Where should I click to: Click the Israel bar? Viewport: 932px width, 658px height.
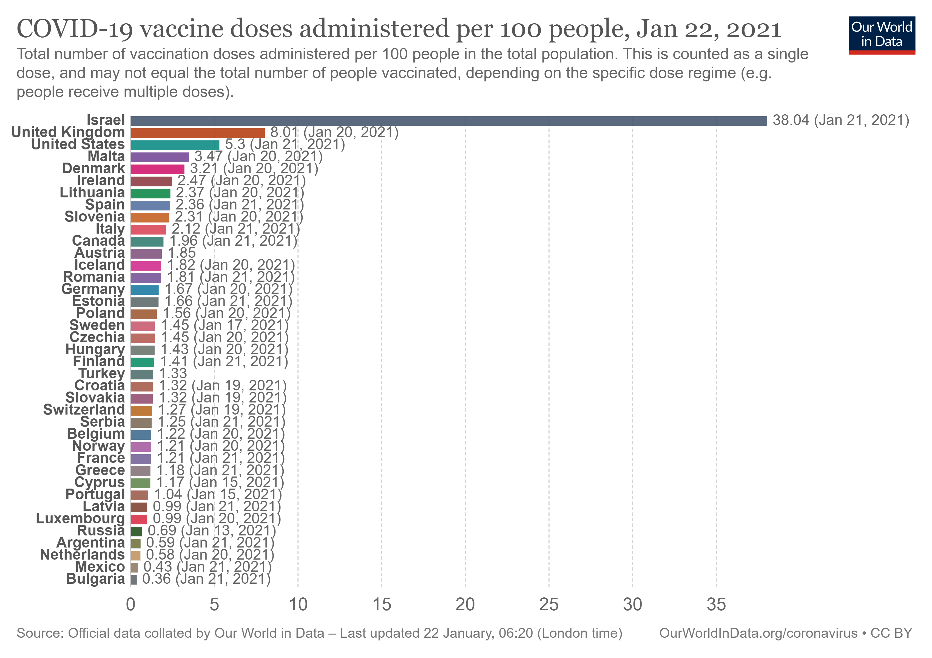448,121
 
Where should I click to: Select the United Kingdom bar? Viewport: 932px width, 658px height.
197,133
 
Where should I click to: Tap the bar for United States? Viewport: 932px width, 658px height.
175,145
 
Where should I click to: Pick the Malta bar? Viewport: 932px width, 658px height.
160,157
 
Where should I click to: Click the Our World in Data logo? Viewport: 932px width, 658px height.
881,35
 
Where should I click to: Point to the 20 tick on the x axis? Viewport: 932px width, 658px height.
465,605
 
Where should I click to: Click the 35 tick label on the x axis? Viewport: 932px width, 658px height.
716,605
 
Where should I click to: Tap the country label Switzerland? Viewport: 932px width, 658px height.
84,410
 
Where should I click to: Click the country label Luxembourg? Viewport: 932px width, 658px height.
80,519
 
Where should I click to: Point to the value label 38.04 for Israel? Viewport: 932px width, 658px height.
791,121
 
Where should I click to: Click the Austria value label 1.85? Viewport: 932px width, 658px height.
182,253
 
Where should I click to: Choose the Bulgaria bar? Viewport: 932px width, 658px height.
133,580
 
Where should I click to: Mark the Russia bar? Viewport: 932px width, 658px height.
137,531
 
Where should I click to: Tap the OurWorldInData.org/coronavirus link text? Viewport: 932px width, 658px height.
758,633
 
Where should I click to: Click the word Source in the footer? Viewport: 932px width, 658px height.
39,633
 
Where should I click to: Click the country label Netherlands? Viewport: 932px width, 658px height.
83,555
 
